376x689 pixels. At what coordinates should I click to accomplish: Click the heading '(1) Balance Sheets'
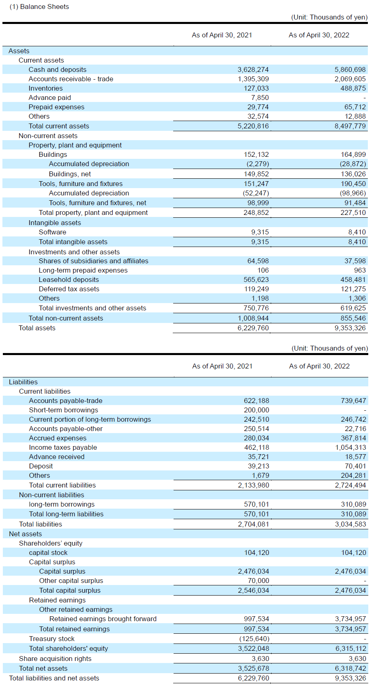(39, 7)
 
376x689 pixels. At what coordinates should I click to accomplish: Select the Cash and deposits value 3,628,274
(253, 70)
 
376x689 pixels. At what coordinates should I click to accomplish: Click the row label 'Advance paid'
(50, 98)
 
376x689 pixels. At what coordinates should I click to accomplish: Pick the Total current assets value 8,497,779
(350, 126)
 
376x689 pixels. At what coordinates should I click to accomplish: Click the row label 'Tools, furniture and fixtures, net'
(97, 203)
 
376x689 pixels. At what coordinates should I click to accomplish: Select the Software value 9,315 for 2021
(260, 232)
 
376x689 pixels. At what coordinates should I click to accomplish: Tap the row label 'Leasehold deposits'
(69, 279)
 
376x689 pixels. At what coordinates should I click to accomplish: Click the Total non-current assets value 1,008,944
(253, 318)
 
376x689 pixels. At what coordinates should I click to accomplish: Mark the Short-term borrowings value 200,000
(256, 410)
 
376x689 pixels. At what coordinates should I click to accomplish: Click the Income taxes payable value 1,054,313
(350, 448)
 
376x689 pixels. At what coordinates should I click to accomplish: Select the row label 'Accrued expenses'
(58, 438)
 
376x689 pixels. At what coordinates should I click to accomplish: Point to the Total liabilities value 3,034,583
(350, 524)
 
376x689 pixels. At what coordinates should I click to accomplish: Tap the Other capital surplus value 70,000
(258, 581)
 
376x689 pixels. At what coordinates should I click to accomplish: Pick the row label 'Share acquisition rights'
(55, 659)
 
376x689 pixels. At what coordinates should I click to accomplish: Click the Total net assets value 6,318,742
(350, 668)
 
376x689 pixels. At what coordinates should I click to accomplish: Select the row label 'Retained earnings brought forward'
(103, 619)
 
